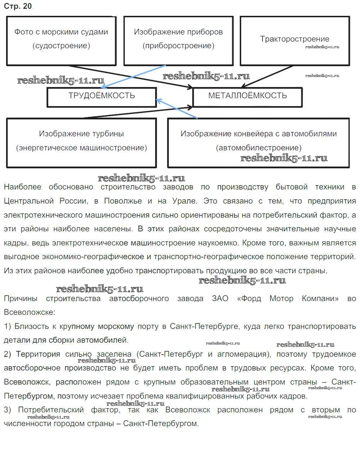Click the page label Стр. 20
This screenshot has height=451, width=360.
[x=18, y=6]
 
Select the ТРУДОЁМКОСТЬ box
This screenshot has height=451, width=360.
[x=102, y=96]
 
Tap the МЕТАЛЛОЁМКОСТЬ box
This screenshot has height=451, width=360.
[x=247, y=96]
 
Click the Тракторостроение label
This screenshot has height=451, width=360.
[x=294, y=39]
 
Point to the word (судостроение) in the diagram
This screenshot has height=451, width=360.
[x=61, y=46]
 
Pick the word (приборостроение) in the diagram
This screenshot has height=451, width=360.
[x=178, y=46]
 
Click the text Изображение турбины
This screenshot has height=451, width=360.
[x=81, y=134]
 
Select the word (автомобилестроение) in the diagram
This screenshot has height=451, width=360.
[x=258, y=148]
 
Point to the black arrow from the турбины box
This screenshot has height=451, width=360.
[x=137, y=113]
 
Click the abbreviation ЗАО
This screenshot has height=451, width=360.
[x=220, y=299]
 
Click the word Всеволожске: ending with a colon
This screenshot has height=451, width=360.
[x=30, y=312]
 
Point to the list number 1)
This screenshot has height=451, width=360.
[x=7, y=326]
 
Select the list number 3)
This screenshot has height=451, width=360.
[x=7, y=410]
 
